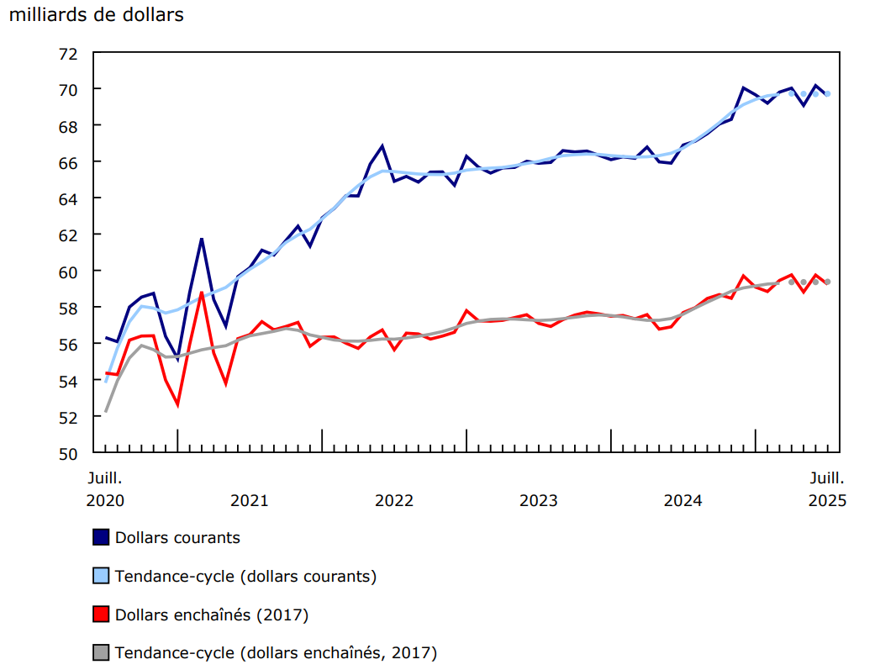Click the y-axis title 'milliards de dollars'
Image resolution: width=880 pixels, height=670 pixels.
[x=96, y=15]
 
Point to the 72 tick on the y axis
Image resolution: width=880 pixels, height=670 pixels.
[x=67, y=53]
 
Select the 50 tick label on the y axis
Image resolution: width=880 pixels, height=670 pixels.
[x=67, y=454]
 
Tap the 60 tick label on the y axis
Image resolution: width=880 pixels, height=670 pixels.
[x=67, y=272]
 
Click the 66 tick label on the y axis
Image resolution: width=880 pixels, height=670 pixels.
[x=67, y=162]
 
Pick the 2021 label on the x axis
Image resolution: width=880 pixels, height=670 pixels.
[x=250, y=501]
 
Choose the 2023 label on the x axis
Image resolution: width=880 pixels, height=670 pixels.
[x=539, y=501]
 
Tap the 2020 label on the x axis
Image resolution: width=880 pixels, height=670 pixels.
[x=106, y=501]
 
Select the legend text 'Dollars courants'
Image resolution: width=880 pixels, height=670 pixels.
[x=177, y=537]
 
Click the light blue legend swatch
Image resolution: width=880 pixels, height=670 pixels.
[x=101, y=576]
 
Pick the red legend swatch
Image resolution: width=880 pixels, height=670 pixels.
[x=101, y=615]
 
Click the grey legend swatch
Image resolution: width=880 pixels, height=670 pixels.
[x=101, y=652]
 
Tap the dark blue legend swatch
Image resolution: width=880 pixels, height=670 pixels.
[x=101, y=537]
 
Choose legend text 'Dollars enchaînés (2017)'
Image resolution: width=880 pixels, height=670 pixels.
[x=212, y=615]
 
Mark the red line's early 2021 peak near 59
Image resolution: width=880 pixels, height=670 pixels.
[x=202, y=293]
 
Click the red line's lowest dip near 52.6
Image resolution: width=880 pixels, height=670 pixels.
[x=177, y=405]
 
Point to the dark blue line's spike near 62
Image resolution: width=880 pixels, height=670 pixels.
[x=202, y=239]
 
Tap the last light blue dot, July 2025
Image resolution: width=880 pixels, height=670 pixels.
[x=828, y=93]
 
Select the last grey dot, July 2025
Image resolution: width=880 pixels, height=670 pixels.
[x=828, y=282]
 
